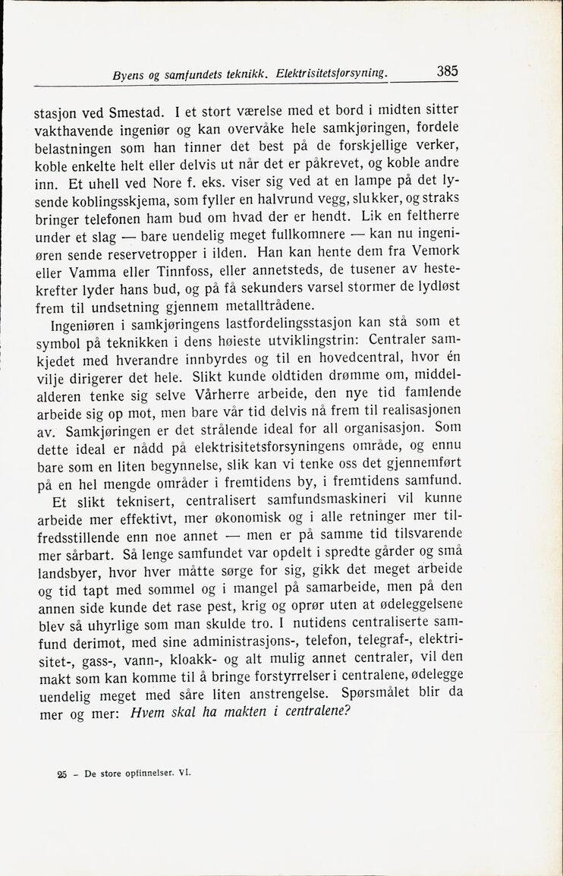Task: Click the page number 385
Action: (x=447, y=72)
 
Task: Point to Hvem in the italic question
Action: (x=149, y=714)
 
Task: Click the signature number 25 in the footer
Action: (x=61, y=774)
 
